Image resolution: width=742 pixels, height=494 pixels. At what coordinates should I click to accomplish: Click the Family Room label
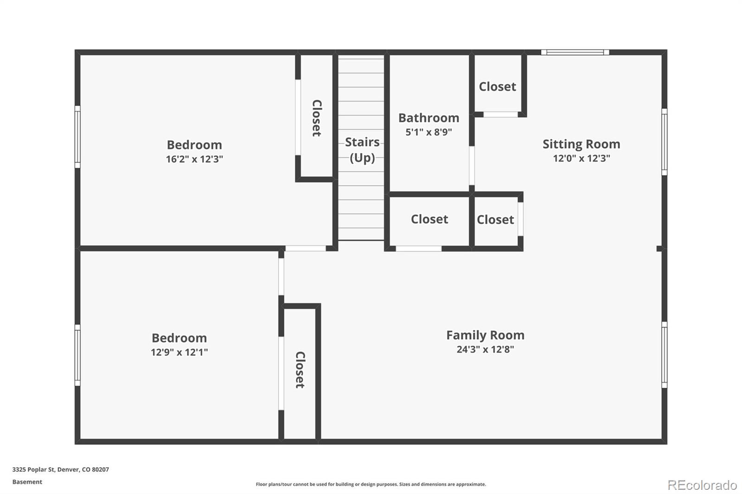pyautogui.click(x=485, y=335)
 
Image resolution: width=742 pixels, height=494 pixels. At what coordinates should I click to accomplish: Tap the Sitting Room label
pyautogui.click(x=581, y=144)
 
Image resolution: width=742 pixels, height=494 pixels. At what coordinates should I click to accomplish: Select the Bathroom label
pyautogui.click(x=429, y=118)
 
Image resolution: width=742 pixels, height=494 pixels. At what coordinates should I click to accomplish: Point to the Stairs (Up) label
pyautogui.click(x=362, y=150)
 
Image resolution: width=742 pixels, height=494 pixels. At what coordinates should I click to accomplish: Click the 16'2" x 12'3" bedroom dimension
pyautogui.click(x=194, y=159)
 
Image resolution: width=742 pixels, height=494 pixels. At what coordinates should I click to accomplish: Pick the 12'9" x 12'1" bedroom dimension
pyautogui.click(x=179, y=352)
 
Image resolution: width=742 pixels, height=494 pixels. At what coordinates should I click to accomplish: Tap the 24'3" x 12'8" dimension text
pyautogui.click(x=485, y=349)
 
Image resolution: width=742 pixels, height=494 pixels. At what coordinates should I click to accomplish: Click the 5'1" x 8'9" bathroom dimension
pyautogui.click(x=429, y=132)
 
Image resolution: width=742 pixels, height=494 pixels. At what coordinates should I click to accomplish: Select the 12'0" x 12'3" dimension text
pyautogui.click(x=581, y=158)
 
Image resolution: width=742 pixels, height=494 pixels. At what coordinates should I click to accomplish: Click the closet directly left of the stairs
pyautogui.click(x=316, y=118)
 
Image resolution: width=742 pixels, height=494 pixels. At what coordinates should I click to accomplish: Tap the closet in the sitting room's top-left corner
pyautogui.click(x=497, y=87)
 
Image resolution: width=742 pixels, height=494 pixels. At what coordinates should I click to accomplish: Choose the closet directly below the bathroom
pyautogui.click(x=429, y=219)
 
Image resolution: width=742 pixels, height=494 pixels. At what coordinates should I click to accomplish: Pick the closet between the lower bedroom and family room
pyautogui.click(x=300, y=370)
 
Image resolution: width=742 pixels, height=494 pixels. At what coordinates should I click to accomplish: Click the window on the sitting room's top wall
pyautogui.click(x=575, y=52)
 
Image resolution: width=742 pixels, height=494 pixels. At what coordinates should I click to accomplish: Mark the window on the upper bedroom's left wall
pyautogui.click(x=77, y=137)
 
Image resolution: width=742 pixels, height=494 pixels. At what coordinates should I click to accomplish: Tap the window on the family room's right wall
pyautogui.click(x=664, y=355)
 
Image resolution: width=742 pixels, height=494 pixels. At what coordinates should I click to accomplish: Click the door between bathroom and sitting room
pyautogui.click(x=472, y=165)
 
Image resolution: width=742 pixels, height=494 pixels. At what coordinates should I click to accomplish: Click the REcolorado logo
pyautogui.click(x=702, y=485)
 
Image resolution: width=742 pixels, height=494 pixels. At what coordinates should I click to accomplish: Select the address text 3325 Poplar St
pyautogui.click(x=60, y=469)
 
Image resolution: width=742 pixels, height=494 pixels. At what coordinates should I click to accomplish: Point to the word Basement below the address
pyautogui.click(x=27, y=482)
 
